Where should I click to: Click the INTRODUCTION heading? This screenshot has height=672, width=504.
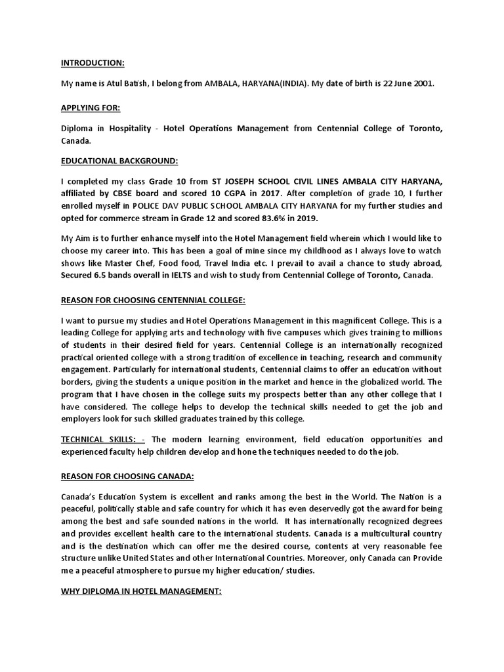(x=93, y=63)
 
